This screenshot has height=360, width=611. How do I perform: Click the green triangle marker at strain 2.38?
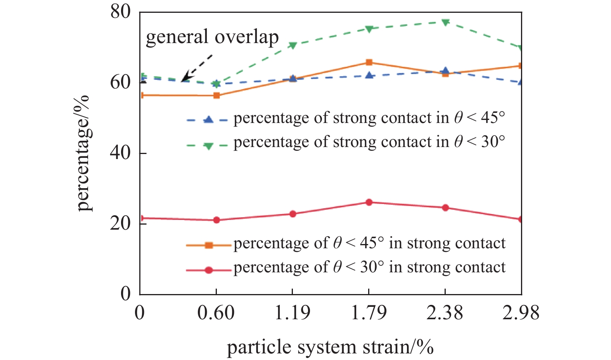point(445,22)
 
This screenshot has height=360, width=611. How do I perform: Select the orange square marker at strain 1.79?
point(369,62)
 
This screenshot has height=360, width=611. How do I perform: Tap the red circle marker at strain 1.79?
point(369,202)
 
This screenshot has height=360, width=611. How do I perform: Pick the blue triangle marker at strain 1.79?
point(369,75)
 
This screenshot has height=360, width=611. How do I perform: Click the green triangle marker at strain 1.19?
point(293,45)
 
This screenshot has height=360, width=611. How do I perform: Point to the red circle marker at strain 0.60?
point(216,220)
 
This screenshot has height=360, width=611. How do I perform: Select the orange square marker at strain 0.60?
point(216,95)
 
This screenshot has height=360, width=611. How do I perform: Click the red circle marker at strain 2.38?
point(445,208)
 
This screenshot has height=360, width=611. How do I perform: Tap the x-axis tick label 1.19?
point(293,313)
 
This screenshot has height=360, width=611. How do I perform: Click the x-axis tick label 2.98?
point(521,313)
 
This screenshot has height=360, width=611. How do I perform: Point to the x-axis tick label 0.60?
point(216,313)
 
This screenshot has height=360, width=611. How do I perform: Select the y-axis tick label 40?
point(120,153)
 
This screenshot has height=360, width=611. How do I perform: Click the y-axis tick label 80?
point(120,12)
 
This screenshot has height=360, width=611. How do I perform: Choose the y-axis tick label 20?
point(120,223)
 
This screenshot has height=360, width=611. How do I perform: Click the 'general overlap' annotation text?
point(212,37)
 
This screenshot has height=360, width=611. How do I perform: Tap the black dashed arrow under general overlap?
point(197,68)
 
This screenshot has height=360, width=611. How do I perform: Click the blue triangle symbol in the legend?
point(209,119)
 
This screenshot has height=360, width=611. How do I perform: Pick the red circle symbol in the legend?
point(209,270)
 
